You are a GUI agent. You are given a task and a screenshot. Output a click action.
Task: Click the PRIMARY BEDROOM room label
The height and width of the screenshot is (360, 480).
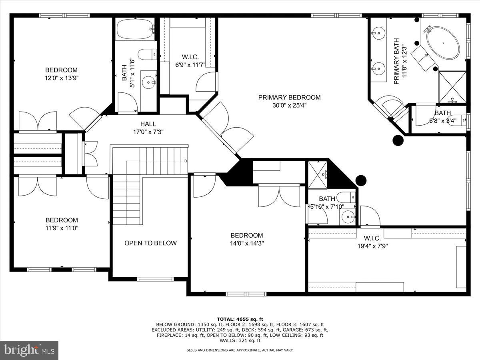tap(289, 97)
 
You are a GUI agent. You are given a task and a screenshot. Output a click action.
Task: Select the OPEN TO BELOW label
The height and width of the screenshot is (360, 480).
tap(150, 243)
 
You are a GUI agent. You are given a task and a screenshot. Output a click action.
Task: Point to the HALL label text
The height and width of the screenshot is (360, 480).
tap(148, 124)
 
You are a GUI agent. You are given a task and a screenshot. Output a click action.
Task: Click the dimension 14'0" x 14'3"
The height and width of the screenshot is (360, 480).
tap(247, 243)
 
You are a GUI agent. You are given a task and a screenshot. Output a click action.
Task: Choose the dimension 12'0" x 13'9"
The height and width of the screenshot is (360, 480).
tap(61, 78)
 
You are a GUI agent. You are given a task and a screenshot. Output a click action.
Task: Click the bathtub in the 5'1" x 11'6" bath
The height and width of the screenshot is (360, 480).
tap(135, 29)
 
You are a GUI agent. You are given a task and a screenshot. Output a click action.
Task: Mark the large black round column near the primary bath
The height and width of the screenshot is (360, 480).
tap(398, 140)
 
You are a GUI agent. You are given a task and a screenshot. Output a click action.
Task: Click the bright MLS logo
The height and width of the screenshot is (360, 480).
tap(29, 350)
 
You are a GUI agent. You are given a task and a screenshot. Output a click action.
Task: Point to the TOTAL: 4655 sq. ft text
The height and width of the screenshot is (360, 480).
tap(240, 319)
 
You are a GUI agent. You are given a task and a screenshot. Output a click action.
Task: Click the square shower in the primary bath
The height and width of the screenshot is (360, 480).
tap(452, 87)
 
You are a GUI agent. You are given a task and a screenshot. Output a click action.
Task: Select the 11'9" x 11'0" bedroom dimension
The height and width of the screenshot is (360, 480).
tap(62, 228)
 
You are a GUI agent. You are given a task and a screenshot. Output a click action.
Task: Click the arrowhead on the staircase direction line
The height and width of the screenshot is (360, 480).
tap(186, 161)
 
